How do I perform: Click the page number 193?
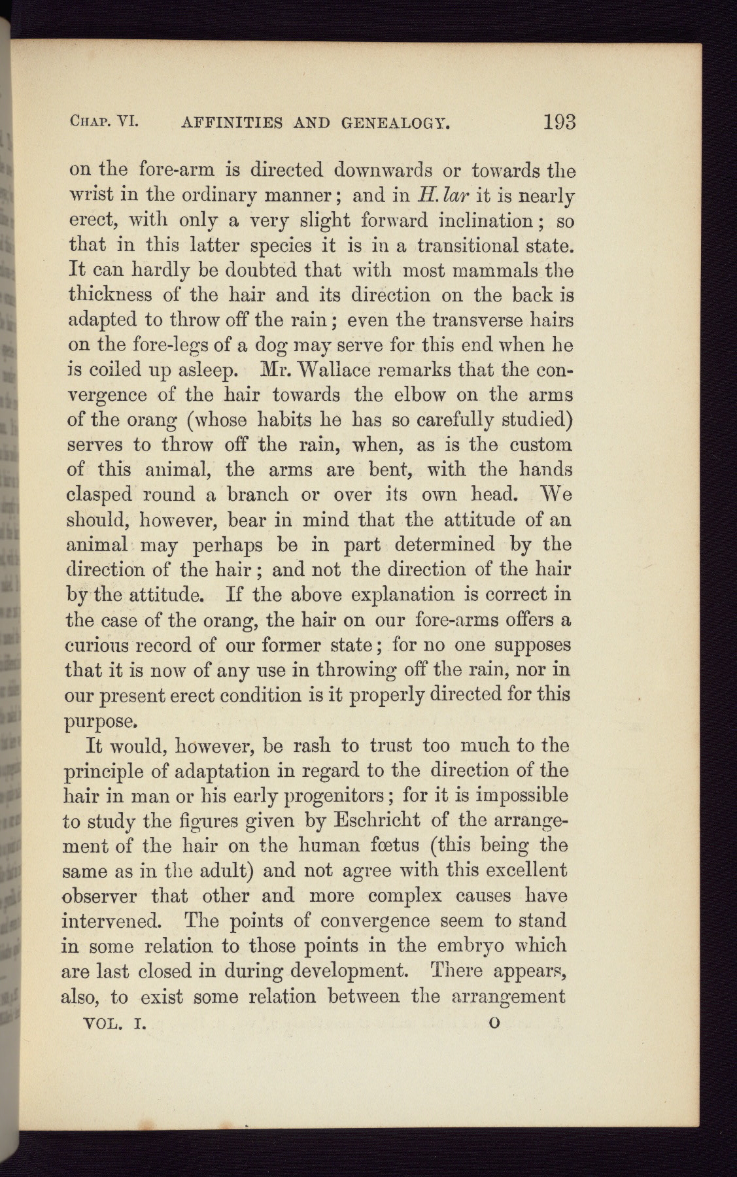click(x=558, y=122)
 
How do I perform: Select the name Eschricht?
click(x=377, y=819)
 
